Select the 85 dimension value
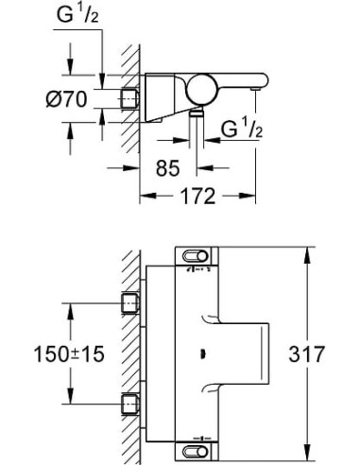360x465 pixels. coord(169,169)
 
